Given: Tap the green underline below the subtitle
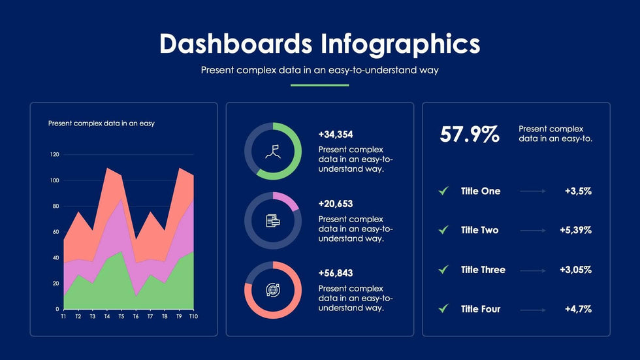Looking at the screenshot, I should pyautogui.click(x=319, y=85).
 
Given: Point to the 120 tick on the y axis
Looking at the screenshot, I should pyautogui.click(x=54, y=155).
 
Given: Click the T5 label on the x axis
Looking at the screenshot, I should pyautogui.click(x=121, y=316).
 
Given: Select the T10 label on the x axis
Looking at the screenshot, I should pyautogui.click(x=193, y=316).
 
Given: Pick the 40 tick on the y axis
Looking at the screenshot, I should pyautogui.click(x=55, y=257).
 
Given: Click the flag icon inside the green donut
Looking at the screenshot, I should pyautogui.click(x=273, y=152).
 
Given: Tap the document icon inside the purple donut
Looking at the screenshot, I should pyautogui.click(x=273, y=221).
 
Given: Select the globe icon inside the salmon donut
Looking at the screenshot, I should pyautogui.click(x=273, y=290).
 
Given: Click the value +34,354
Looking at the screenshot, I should pyautogui.click(x=336, y=135).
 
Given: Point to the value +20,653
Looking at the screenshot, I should pyautogui.click(x=336, y=204).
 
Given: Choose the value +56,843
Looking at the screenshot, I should pyautogui.click(x=336, y=273).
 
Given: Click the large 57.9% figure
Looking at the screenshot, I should pyautogui.click(x=470, y=135).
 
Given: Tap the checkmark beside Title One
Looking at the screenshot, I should pyautogui.click(x=443, y=191).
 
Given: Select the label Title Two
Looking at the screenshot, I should pyautogui.click(x=479, y=230).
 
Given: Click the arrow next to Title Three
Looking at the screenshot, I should pyautogui.click(x=533, y=270).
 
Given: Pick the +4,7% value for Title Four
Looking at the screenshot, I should pyautogui.click(x=578, y=309).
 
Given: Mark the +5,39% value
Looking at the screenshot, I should pyautogui.click(x=575, y=230).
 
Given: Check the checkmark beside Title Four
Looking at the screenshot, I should pyautogui.click(x=443, y=308).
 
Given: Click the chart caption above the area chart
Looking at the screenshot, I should pyautogui.click(x=101, y=123).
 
